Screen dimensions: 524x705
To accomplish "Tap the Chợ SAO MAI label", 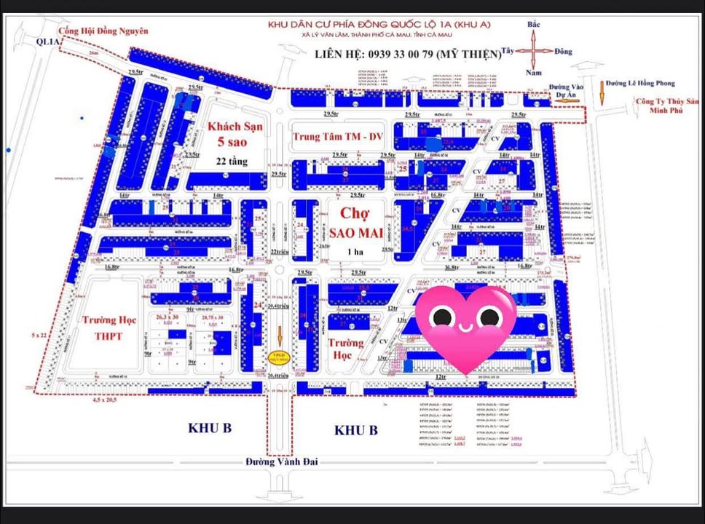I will (x=355, y=223).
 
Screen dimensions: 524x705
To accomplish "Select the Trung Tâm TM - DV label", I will (x=337, y=136).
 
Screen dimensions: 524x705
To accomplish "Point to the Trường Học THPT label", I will (x=102, y=327).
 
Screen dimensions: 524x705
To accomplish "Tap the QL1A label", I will (x=50, y=42).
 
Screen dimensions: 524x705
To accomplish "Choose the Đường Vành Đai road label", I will (x=280, y=461).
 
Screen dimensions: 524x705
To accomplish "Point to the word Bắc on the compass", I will (x=534, y=25).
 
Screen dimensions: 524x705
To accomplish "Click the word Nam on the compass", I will (x=534, y=73).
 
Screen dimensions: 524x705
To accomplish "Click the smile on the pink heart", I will (x=465, y=327).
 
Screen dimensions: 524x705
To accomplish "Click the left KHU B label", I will (x=209, y=428).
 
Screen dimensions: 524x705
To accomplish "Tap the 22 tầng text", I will (x=231, y=162).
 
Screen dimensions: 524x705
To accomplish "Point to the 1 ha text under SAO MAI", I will (x=355, y=252).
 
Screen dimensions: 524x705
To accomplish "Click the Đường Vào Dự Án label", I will (x=564, y=90).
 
